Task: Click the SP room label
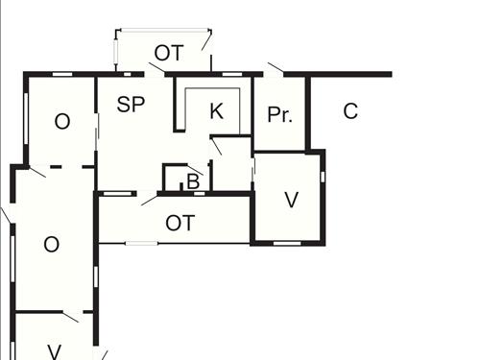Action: pyautogui.click(x=131, y=106)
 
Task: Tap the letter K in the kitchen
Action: pyautogui.click(x=216, y=110)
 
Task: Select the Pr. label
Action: pyautogui.click(x=279, y=115)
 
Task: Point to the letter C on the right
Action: pyautogui.click(x=350, y=110)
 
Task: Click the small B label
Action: pyautogui.click(x=192, y=180)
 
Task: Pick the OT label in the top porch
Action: pyautogui.click(x=168, y=53)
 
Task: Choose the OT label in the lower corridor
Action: pyautogui.click(x=180, y=223)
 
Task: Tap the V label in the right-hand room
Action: pyautogui.click(x=292, y=201)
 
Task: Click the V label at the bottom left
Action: pyautogui.click(x=55, y=351)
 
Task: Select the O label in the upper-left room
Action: pyautogui.click(x=62, y=122)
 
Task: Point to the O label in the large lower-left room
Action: pyautogui.click(x=52, y=245)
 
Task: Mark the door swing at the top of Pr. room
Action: pyautogui.click(x=275, y=68)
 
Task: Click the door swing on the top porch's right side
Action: pyautogui.click(x=205, y=43)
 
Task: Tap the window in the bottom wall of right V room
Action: pyautogui.click(x=287, y=244)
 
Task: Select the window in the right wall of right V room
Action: pyautogui.click(x=323, y=177)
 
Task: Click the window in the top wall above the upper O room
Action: pyautogui.click(x=62, y=74)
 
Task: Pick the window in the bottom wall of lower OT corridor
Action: pyautogui.click(x=141, y=243)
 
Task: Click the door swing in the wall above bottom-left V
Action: pyautogui.click(x=70, y=316)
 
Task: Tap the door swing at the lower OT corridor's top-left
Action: pyautogui.click(x=149, y=200)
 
